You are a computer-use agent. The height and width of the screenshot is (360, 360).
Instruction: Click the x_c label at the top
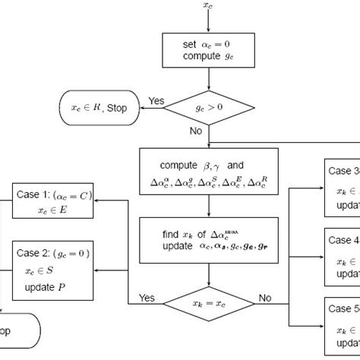point(209,7)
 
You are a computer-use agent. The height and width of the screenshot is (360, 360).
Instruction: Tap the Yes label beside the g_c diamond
point(156,100)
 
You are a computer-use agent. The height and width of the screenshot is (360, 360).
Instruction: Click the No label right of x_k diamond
point(264,298)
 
